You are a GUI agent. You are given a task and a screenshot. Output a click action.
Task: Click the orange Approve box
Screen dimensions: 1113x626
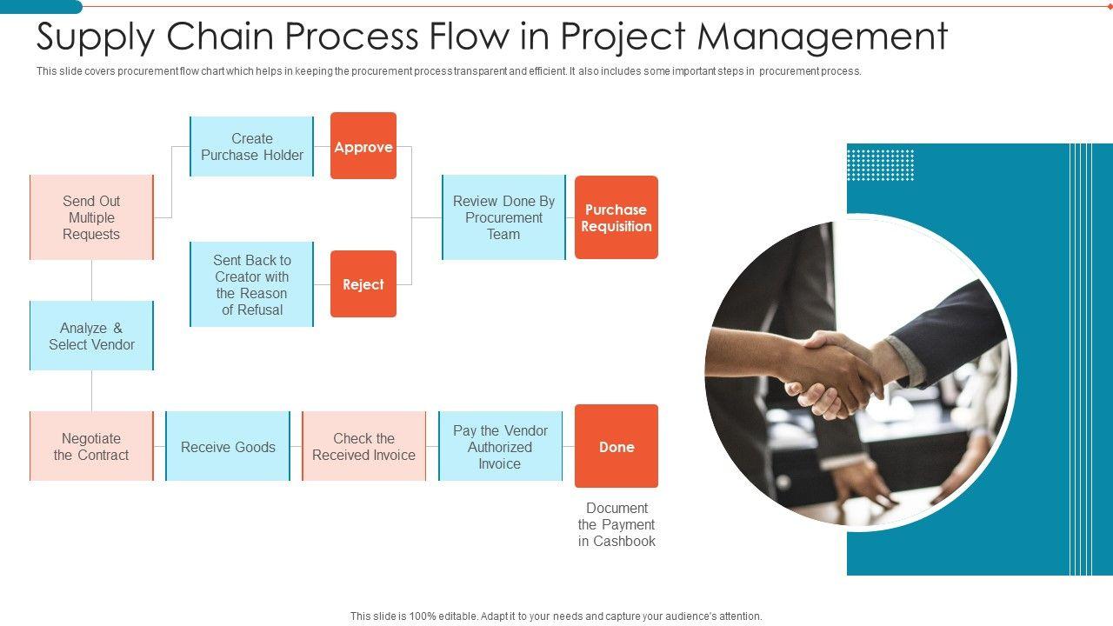(x=363, y=145)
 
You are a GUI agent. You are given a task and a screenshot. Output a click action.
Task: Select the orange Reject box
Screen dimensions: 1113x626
(x=363, y=283)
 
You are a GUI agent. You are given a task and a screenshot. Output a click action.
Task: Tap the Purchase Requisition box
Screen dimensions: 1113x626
(x=616, y=217)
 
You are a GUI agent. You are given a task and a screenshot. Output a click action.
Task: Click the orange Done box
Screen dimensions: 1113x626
(x=616, y=446)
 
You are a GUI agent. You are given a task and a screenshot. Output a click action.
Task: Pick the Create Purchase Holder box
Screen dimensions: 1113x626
(x=251, y=147)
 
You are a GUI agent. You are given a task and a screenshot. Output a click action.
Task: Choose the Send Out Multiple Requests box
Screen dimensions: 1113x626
(x=91, y=217)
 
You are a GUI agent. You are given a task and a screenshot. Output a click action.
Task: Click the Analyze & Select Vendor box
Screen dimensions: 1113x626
(x=91, y=336)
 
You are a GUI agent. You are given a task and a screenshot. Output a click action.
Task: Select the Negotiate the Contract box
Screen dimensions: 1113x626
(x=91, y=446)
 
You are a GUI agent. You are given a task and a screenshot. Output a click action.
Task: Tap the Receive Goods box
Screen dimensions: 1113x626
(x=228, y=446)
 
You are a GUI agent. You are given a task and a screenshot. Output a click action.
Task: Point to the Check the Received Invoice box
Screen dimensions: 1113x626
(x=363, y=446)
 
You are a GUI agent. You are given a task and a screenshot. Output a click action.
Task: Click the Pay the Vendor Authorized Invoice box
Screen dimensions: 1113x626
(x=500, y=446)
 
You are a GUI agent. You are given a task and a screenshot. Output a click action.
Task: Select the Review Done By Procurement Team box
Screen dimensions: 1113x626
(x=503, y=217)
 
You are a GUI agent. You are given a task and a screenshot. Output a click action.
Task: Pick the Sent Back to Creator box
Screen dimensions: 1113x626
(x=251, y=284)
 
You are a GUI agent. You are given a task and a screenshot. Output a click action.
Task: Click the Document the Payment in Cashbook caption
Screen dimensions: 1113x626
(x=616, y=524)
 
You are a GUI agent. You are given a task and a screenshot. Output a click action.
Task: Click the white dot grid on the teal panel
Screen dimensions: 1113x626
(x=881, y=165)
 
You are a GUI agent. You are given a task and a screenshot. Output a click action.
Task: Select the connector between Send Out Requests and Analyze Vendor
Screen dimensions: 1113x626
(x=91, y=280)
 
